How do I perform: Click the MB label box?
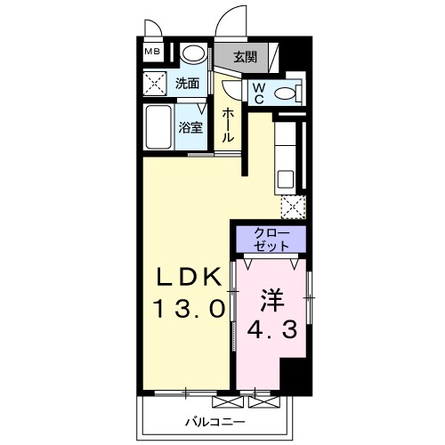click(x=154, y=52)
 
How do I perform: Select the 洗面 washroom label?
click(x=187, y=85)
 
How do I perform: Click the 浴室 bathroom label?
click(x=191, y=126)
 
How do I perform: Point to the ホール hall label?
click(x=228, y=125)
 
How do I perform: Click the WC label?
click(x=258, y=92)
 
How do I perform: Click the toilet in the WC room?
click(x=286, y=92)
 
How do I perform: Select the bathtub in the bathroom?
click(x=160, y=129)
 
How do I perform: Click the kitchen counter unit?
click(x=288, y=155)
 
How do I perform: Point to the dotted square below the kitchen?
click(x=292, y=207)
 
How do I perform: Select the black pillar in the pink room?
click(x=295, y=375)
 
